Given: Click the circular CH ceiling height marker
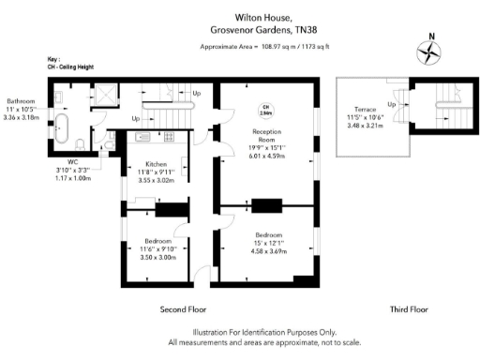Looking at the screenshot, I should tap(265, 109).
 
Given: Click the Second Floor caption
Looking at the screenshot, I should tap(182, 308).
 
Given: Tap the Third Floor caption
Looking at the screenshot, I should tap(409, 308).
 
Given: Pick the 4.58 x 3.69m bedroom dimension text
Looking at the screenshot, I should tap(269, 250).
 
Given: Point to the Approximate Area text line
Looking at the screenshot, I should tap(263, 46).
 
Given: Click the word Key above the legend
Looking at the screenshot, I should tap(52, 58).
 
